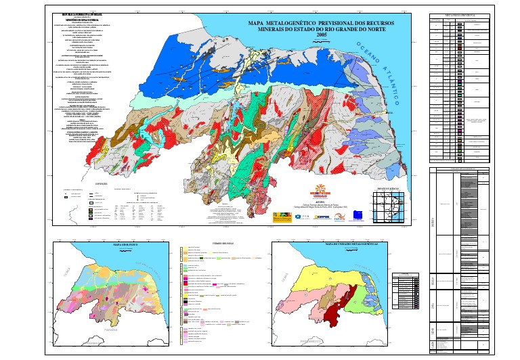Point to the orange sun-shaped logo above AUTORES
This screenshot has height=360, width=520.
pyautogui.click(x=321, y=190)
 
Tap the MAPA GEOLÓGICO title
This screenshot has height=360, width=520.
pyautogui.click(x=125, y=244)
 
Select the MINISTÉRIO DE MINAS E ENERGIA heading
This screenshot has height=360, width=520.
pyautogui.click(x=85, y=21)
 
